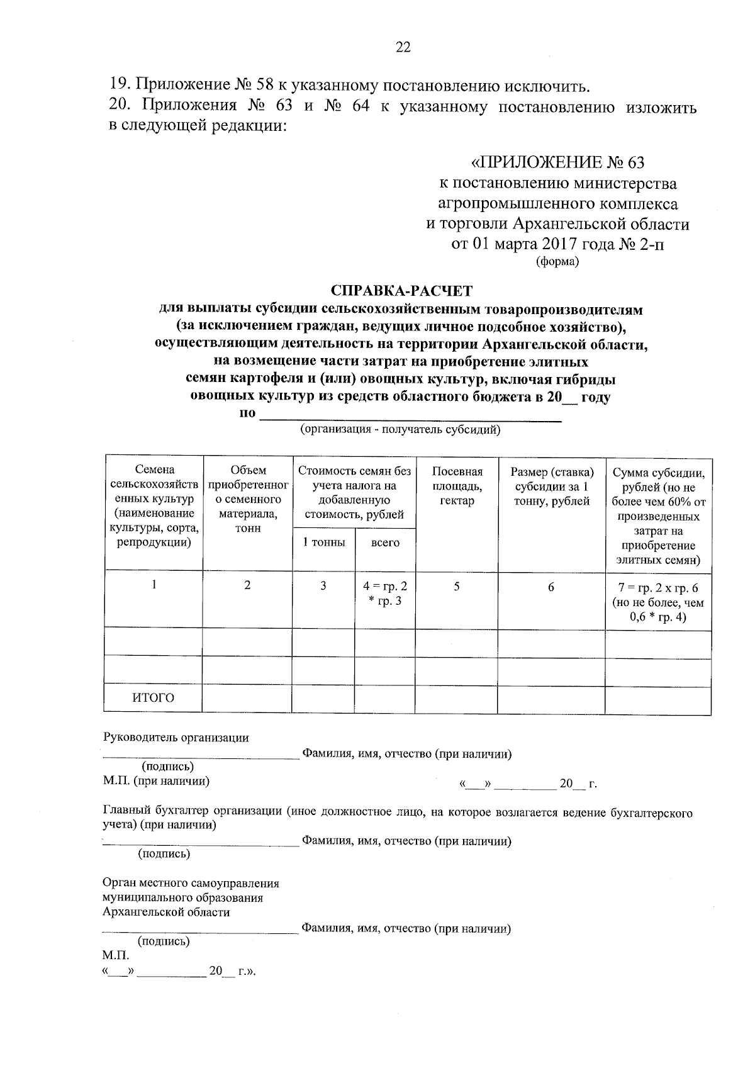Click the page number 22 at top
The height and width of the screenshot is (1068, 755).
[403, 47]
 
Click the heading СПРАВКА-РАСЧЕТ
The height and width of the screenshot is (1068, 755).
[401, 291]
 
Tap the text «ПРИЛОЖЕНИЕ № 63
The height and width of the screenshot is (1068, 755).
[558, 163]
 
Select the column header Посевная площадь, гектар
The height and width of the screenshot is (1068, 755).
[457, 486]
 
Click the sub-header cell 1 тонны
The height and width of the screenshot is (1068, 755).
[323, 542]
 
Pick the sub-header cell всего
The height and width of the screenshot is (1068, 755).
[385, 542]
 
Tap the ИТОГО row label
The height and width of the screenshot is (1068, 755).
[153, 697]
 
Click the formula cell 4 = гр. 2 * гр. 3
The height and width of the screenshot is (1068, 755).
[385, 593]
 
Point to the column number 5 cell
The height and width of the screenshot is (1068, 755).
[457, 587]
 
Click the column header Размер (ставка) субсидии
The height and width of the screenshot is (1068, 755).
[552, 486]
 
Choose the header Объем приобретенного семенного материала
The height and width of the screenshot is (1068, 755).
[248, 499]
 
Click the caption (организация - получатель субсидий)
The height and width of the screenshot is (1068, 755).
[400, 430]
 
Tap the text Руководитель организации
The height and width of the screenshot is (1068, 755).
[176, 738]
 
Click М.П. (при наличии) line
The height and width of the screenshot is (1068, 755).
[156, 782]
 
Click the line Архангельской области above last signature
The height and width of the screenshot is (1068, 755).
[167, 912]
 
